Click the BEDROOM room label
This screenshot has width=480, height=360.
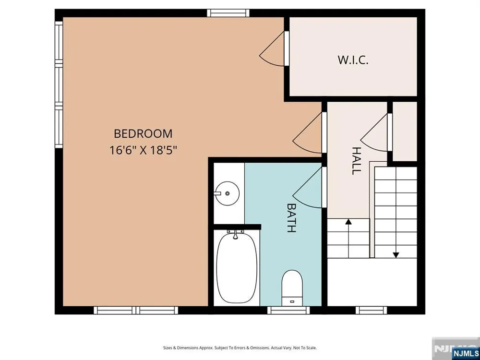143,134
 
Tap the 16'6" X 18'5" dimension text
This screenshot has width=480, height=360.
143,150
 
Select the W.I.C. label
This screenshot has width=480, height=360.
353,60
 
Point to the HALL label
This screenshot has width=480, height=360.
356,161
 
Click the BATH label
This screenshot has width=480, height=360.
291,217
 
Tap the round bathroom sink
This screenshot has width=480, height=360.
227,193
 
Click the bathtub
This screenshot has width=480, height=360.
236,267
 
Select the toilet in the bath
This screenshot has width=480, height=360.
292,288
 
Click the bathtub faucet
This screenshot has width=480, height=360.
235,234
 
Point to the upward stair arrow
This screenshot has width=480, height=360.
348,238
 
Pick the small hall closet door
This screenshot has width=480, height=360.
376,132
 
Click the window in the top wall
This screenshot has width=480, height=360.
228,13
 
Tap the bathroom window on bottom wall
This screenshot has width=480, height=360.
288,310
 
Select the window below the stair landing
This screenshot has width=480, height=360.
372,310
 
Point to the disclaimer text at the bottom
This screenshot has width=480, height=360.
240,348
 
